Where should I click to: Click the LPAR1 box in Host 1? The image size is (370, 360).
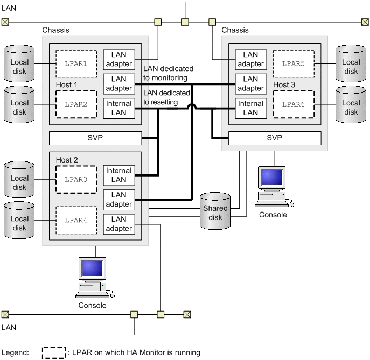point(76,63)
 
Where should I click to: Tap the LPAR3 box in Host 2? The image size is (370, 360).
point(76,179)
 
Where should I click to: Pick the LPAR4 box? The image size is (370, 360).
point(76,220)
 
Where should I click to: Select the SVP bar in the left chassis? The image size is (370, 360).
point(95,138)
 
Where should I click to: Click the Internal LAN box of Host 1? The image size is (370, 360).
point(118,108)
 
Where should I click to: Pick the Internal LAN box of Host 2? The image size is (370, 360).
point(118,175)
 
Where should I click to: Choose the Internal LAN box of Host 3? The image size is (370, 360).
point(250,108)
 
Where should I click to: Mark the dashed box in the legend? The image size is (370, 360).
point(54,352)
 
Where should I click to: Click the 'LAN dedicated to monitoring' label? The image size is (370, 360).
point(168,73)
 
